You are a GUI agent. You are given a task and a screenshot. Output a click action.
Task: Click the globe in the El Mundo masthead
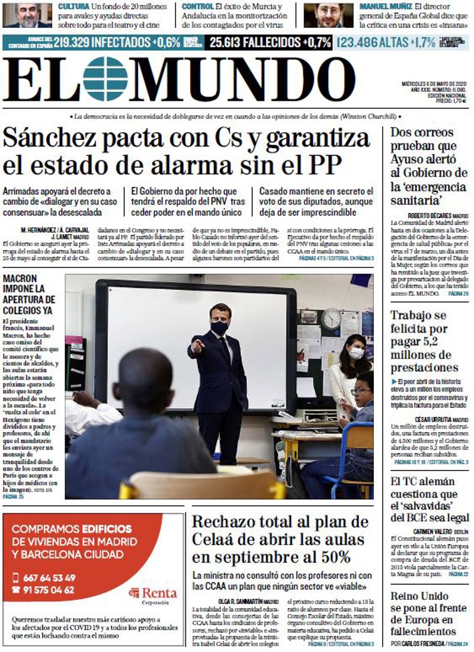click(x=105, y=79)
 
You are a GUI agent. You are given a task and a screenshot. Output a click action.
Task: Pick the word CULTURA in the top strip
click(x=74, y=6)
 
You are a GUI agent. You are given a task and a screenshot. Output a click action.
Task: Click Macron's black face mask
click(x=220, y=327)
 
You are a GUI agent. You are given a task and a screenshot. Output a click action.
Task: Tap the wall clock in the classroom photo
click(x=331, y=319)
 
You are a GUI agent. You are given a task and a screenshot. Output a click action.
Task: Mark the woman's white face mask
click(x=356, y=353)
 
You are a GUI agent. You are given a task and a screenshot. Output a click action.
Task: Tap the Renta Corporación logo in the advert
click(x=153, y=593)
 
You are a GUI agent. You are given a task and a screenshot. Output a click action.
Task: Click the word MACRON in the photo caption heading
click(x=20, y=279)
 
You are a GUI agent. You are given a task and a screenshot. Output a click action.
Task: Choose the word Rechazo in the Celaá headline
click(x=222, y=523)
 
